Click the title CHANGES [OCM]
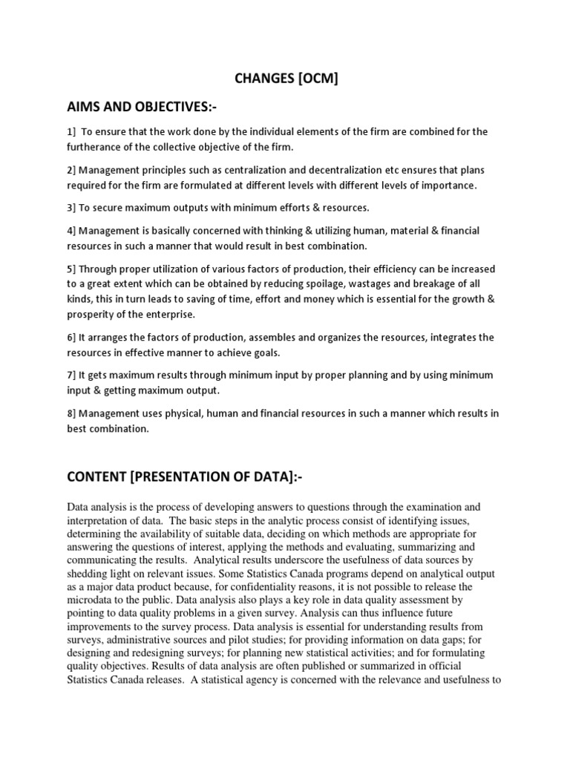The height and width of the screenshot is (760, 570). [285, 78]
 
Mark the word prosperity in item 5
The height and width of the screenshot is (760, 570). [91, 314]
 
